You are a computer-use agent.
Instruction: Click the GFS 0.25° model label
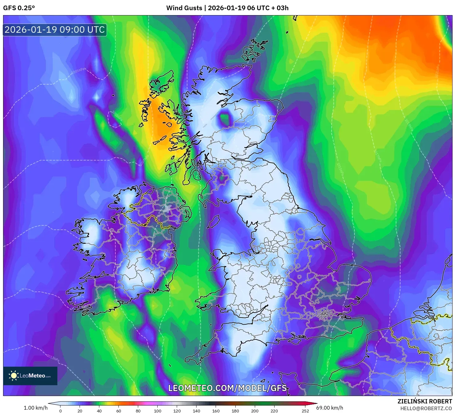[19, 8]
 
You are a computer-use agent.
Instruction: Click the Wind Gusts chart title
[227, 8]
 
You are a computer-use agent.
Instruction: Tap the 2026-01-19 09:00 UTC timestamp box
[55, 30]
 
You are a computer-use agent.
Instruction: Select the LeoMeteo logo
[30, 376]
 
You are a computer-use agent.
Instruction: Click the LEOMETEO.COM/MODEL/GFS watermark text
[227, 388]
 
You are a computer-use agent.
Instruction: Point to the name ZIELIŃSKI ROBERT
[424, 401]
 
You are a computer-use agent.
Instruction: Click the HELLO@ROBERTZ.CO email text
[426, 408]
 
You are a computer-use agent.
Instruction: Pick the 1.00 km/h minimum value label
[35, 408]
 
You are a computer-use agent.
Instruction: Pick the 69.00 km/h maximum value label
[329, 408]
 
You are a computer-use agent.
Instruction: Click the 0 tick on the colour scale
[60, 411]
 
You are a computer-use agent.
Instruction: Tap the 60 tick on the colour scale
[119, 411]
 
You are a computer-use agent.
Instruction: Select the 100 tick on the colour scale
[158, 411]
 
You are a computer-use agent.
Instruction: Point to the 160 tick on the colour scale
[216, 411]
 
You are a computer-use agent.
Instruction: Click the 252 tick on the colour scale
[305, 411]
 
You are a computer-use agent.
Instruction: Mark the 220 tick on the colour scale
[274, 411]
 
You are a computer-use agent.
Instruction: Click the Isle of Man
[213, 222]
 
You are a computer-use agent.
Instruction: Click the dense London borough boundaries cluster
[324, 315]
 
